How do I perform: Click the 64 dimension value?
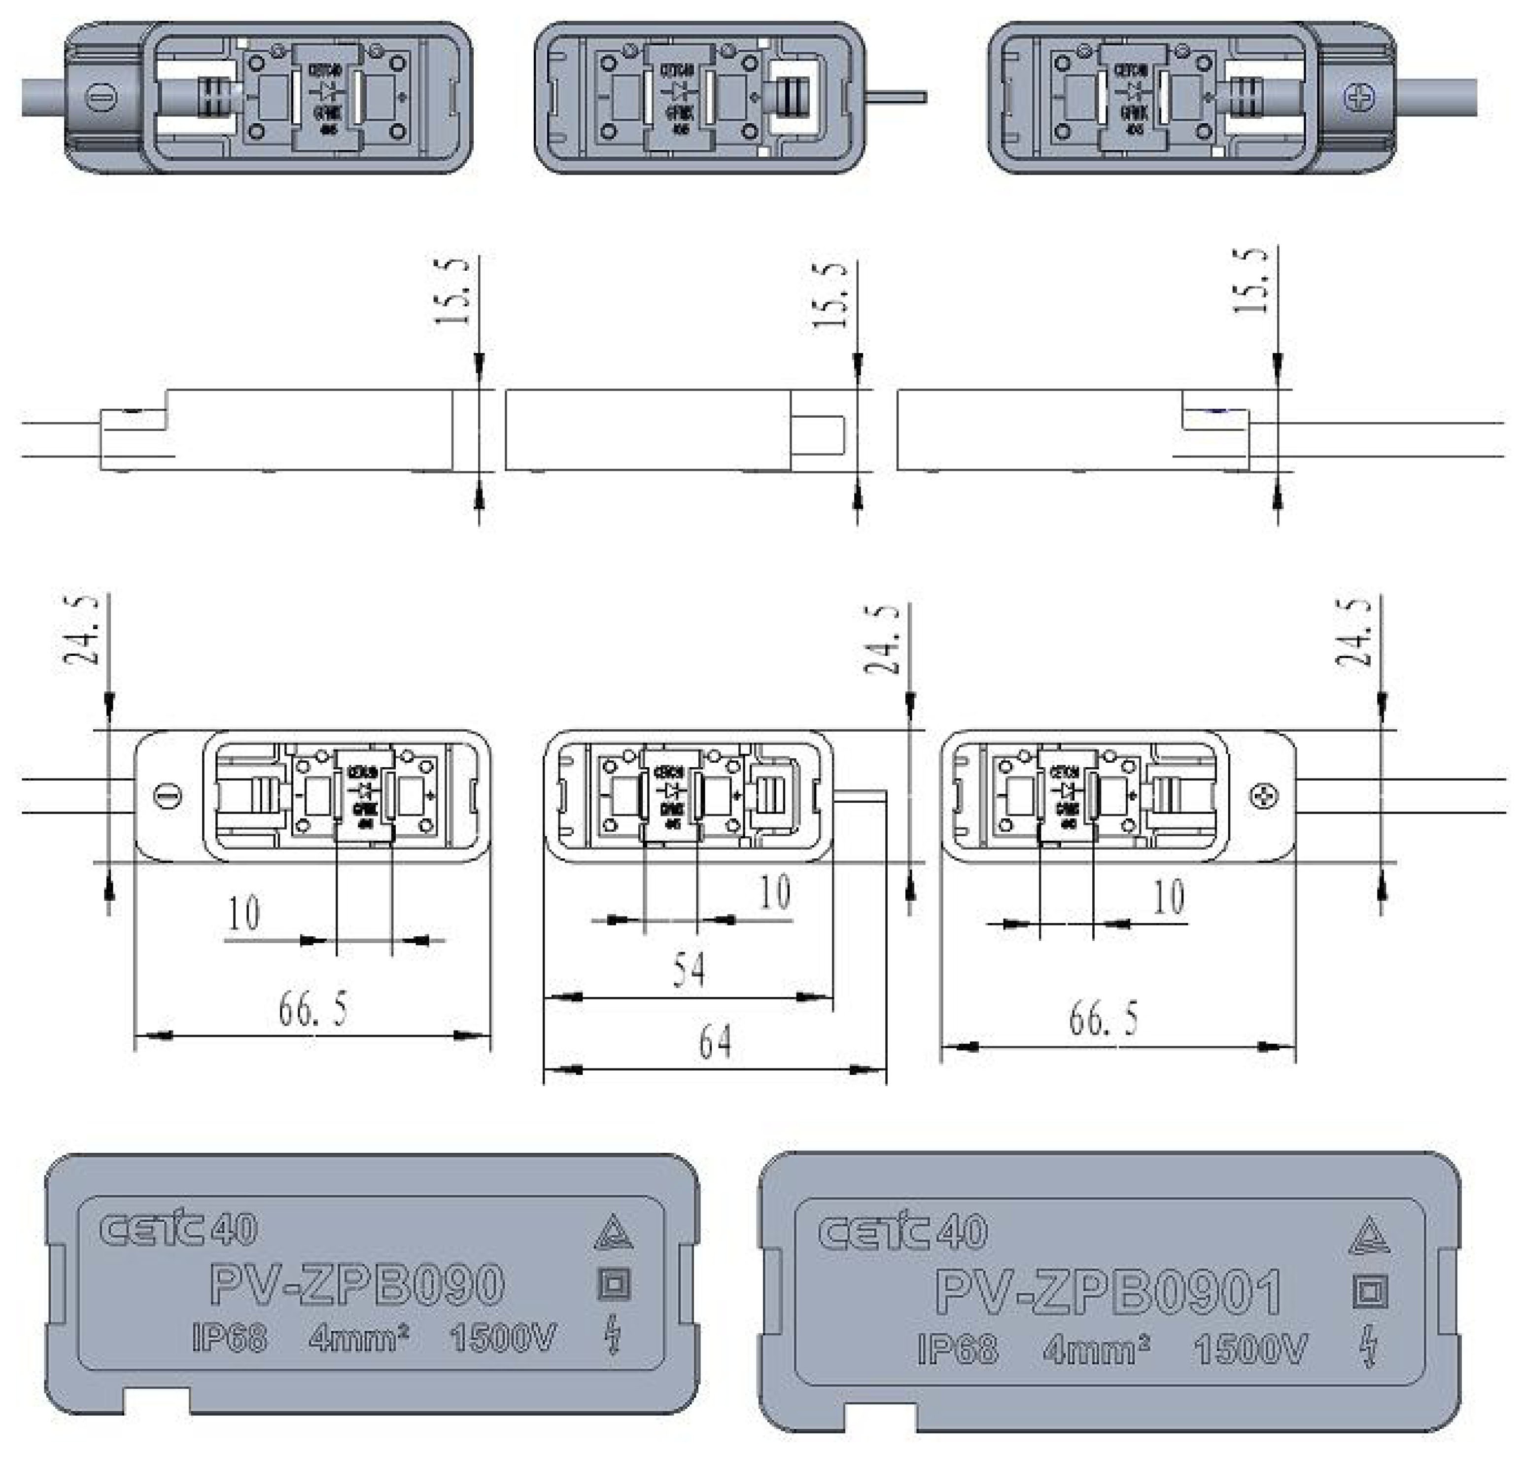click(715, 1043)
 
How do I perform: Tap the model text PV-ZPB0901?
click(1108, 1292)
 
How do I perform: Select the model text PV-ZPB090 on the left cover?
click(357, 1285)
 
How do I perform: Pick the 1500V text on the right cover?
click(1251, 1349)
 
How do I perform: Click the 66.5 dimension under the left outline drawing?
click(313, 1010)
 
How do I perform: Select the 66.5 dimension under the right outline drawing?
click(1104, 1019)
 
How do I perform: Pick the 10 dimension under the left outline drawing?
click(243, 914)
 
